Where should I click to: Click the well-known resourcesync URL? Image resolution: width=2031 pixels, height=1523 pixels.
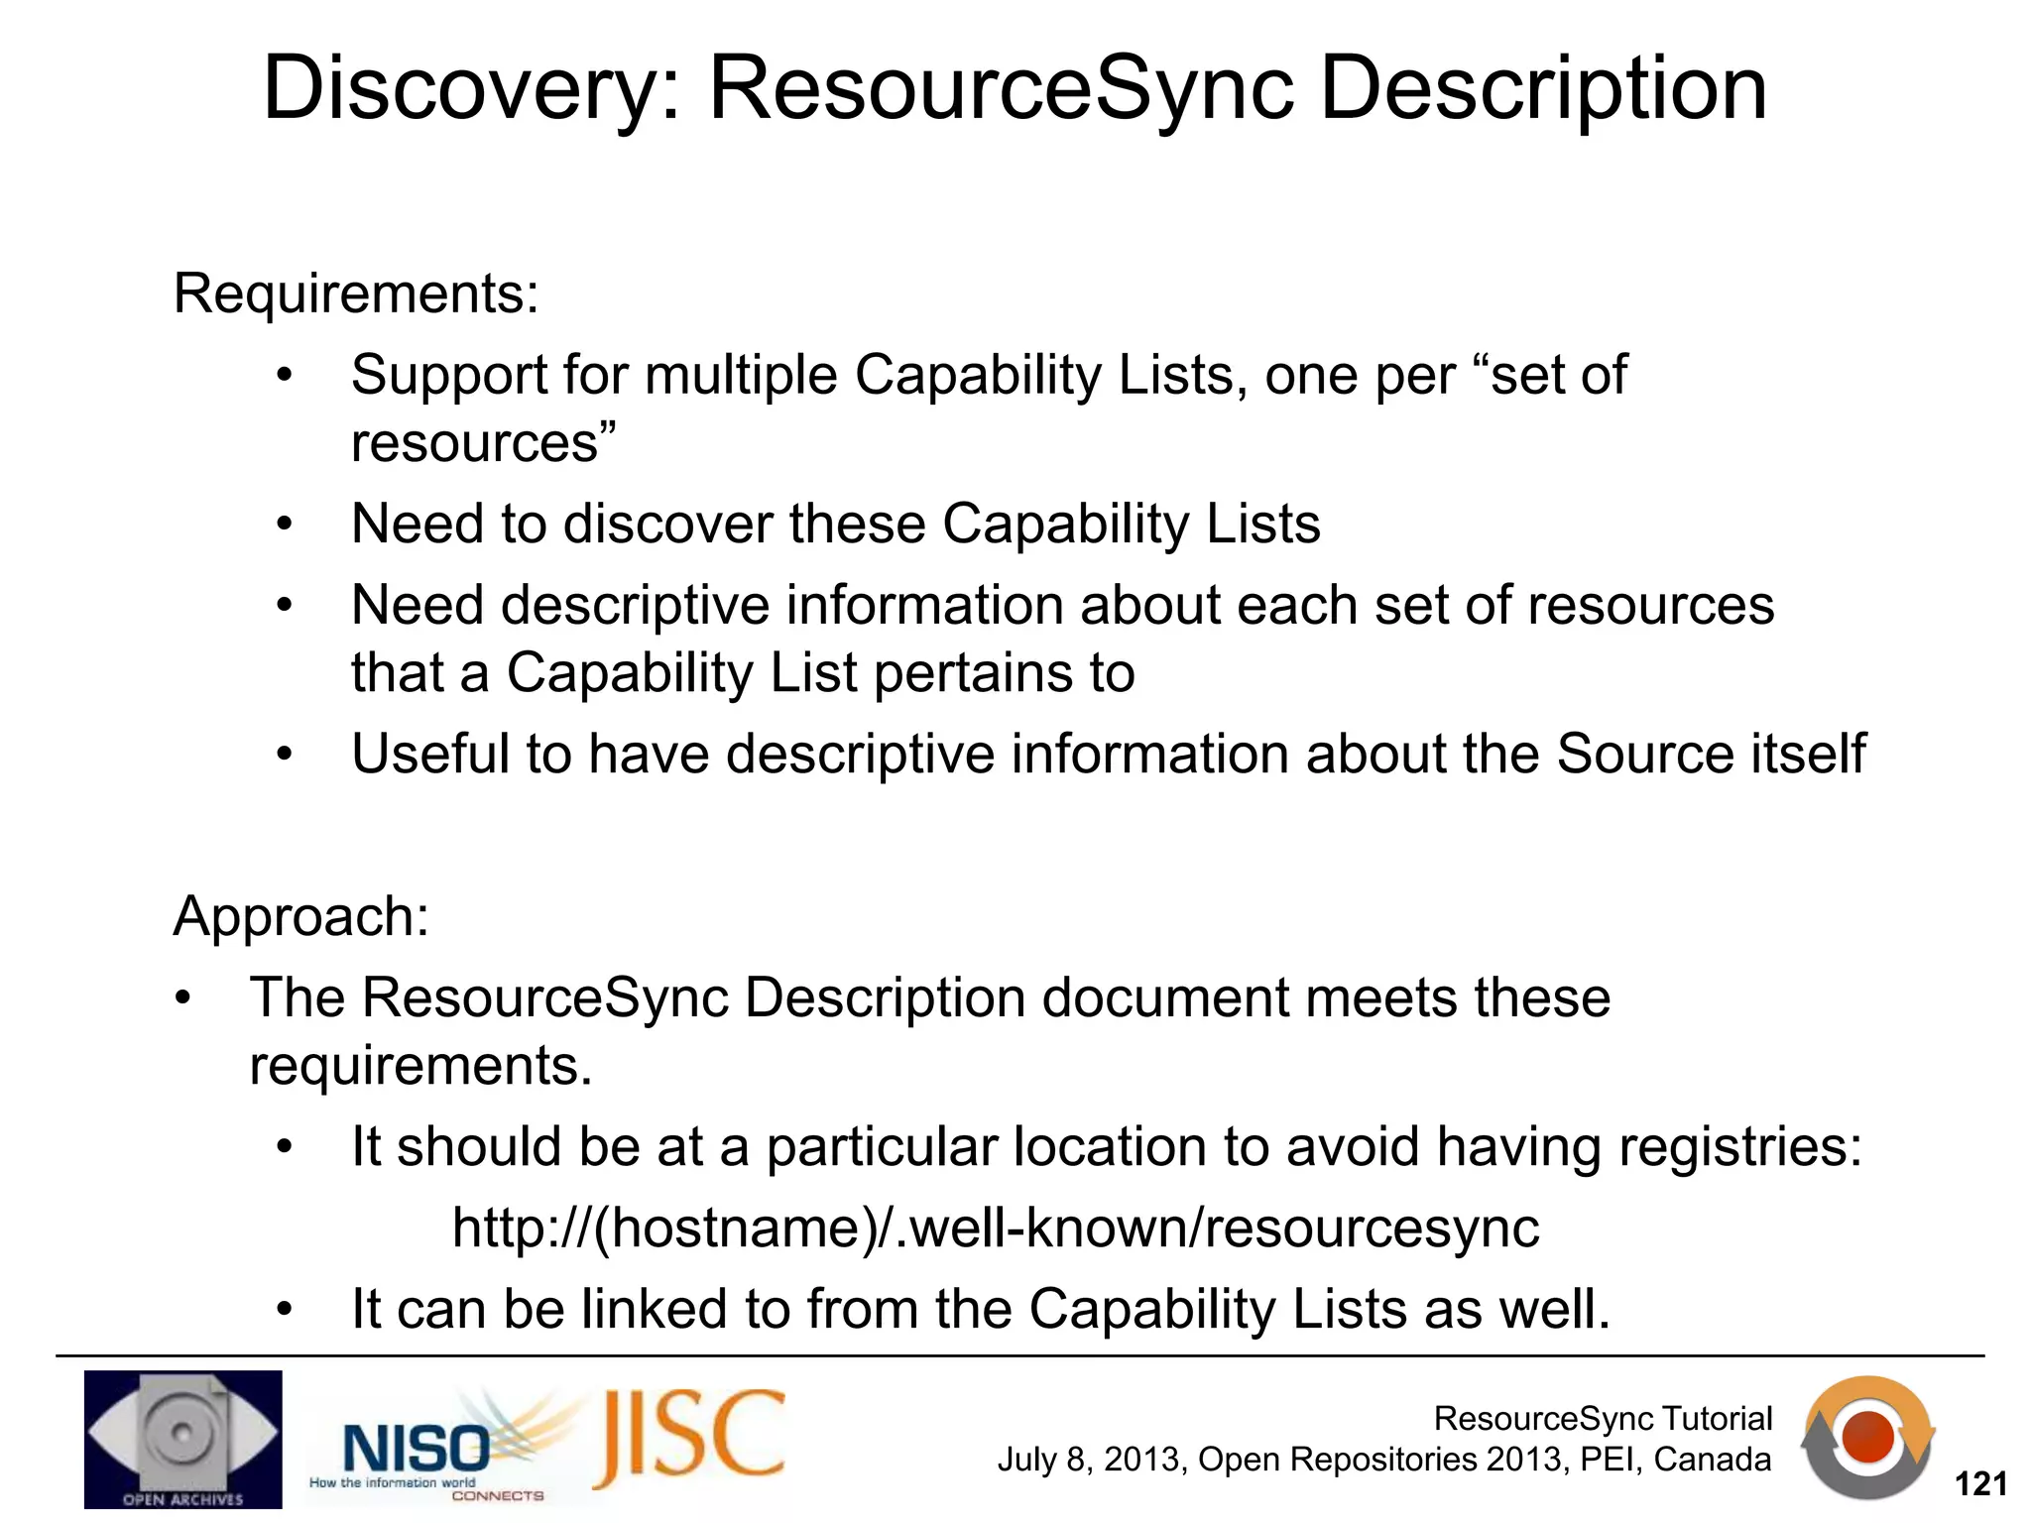coord(996,1229)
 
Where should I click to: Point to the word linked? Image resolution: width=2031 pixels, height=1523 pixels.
coord(655,1310)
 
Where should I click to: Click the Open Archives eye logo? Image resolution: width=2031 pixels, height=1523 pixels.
coord(182,1439)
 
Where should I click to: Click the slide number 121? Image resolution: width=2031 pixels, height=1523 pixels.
coord(1980,1484)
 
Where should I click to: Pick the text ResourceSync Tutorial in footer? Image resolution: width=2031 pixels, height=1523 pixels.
coord(1603,1419)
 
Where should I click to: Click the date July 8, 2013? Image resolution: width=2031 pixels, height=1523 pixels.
coord(1090,1461)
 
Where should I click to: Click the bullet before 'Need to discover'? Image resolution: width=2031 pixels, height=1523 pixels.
coord(285,525)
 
